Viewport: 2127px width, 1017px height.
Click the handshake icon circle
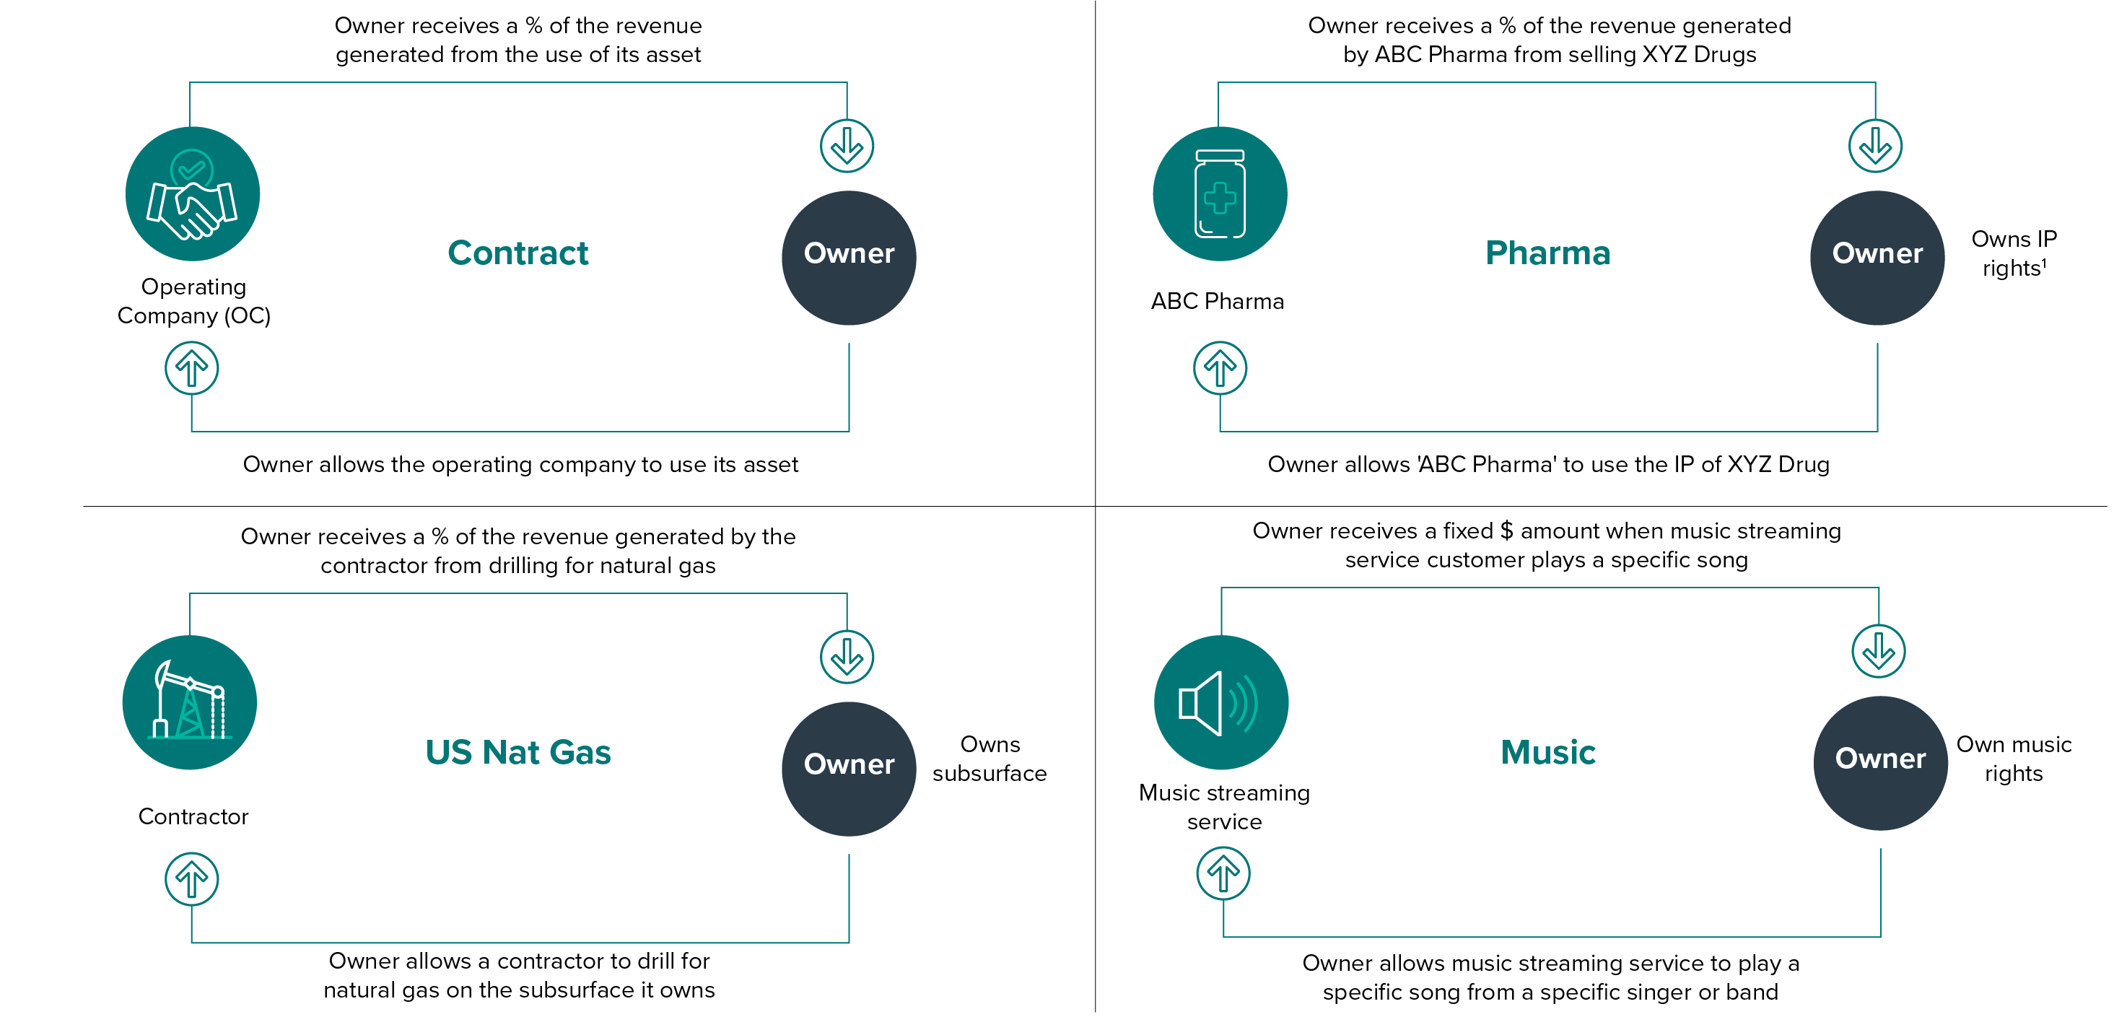193,194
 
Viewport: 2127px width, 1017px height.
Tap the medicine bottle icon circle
1220,194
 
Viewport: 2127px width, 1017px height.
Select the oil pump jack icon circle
190,702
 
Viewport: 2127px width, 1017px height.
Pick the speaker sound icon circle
1221,702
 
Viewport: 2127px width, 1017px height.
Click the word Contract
517,253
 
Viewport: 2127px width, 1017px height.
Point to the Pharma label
1547,253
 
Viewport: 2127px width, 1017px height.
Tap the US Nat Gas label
517,752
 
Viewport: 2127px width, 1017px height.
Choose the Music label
1548,752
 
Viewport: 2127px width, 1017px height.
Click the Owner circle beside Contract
849,258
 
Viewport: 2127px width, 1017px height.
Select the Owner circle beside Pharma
1877,258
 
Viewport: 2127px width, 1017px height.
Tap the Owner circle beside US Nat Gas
849,769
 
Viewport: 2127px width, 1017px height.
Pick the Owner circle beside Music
1880,763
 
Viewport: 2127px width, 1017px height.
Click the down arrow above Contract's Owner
847,146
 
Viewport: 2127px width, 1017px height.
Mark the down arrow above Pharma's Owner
1875,146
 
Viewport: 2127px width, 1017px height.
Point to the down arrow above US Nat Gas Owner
847,657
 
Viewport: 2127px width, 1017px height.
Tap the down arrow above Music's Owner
1879,651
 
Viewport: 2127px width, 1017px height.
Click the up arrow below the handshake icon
191,368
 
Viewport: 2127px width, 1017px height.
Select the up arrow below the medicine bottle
1220,368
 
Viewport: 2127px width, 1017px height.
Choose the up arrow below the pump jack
191,879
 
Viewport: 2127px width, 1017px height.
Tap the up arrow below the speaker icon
1223,873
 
